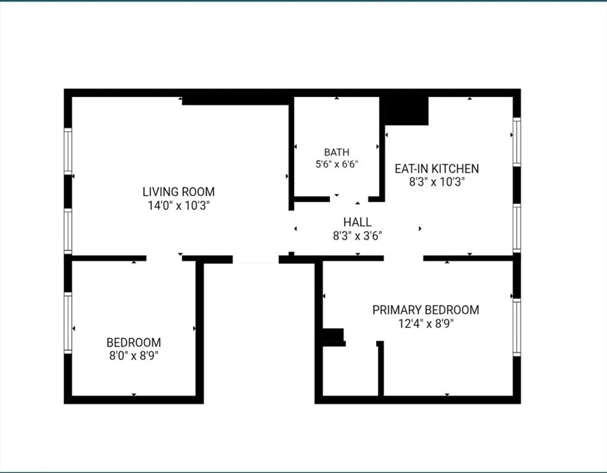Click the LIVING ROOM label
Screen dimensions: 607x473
pos(178,192)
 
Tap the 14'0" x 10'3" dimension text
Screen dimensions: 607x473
pos(178,206)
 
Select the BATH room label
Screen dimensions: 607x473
pos(337,152)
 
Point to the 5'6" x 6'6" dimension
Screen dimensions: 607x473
pos(337,164)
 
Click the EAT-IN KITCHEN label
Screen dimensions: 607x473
pos(437,169)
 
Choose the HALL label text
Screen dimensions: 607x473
pos(357,222)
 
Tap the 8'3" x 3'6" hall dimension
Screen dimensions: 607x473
pos(357,236)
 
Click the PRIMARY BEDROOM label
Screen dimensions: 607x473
pos(426,310)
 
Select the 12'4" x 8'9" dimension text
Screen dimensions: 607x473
pos(426,324)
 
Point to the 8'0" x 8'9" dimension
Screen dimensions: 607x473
pos(134,356)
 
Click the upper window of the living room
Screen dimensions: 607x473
pos(68,151)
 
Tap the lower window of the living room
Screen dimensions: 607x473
pos(68,231)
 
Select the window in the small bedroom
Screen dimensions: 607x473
pos(68,323)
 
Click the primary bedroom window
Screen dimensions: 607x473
pos(517,327)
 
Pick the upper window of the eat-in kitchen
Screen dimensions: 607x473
pos(517,142)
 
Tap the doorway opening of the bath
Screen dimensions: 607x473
pos(349,199)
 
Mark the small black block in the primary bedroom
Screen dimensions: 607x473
pos(334,337)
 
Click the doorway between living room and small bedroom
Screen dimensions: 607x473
pos(164,258)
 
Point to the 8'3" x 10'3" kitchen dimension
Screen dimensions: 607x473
pos(437,182)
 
